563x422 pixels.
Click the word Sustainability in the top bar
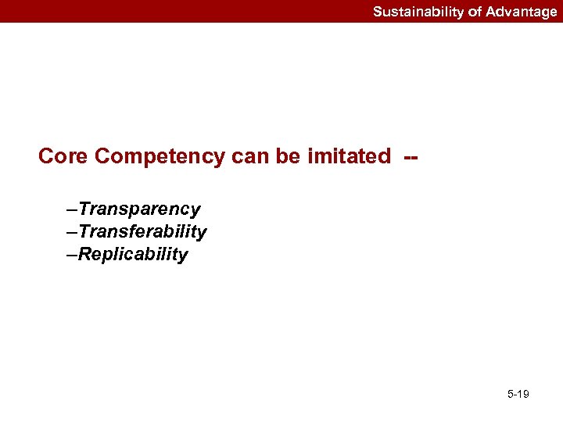click(x=417, y=12)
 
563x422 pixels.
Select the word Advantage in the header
click(x=522, y=12)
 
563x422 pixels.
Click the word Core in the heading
click(x=63, y=156)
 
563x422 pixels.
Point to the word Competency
click(x=160, y=157)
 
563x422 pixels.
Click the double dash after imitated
click(x=411, y=157)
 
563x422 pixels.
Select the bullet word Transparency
click(x=139, y=209)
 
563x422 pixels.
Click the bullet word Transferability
click(x=142, y=231)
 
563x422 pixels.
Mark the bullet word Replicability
click(x=133, y=254)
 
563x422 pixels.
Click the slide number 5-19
click(x=518, y=394)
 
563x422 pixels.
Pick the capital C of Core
click(x=46, y=156)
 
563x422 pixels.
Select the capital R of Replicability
click(x=84, y=254)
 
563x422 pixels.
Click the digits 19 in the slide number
click(x=523, y=394)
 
